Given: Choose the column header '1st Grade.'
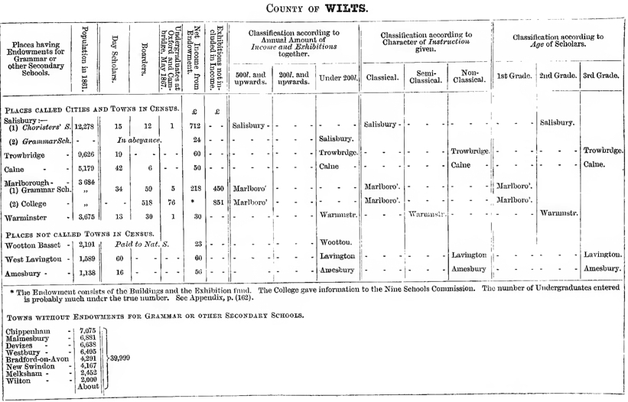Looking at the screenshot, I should pyautogui.click(x=512, y=76).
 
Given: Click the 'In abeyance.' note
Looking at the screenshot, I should pyautogui.click(x=138, y=140).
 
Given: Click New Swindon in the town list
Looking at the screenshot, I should pyautogui.click(x=32, y=365).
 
